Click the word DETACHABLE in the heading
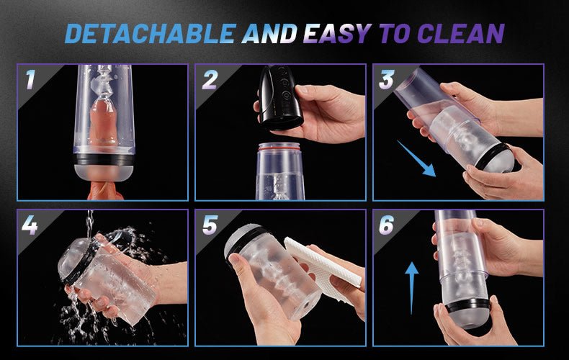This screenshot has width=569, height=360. click(x=151, y=34)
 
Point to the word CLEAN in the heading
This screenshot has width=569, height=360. click(x=460, y=34)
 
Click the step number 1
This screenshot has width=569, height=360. click(x=30, y=79)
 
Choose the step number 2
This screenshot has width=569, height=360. click(x=210, y=79)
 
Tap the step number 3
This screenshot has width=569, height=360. click(x=387, y=79)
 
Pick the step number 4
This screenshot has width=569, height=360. click(x=30, y=225)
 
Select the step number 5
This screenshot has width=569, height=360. click(x=210, y=225)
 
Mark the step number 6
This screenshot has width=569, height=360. click(x=387, y=225)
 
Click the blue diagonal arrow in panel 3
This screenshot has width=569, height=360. click(x=416, y=159)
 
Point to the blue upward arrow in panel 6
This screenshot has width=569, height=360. click(x=411, y=288)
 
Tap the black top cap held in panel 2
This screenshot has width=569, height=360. click(x=280, y=97)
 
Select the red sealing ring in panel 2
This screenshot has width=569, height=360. click(x=279, y=146)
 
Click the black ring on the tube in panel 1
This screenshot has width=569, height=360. click(x=104, y=159)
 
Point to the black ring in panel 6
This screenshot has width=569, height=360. click(x=467, y=305)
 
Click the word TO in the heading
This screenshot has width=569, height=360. click(x=394, y=34)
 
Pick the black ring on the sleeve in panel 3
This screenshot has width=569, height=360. click(x=492, y=156)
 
